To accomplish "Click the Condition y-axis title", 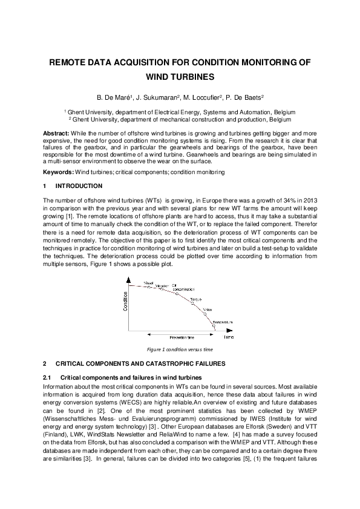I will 126,300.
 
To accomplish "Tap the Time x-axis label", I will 229,337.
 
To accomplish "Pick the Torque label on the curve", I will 195,299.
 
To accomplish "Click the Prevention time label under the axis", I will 182,337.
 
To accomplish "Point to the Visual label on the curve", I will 148,282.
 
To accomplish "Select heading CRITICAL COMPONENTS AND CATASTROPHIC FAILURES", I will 140,364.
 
